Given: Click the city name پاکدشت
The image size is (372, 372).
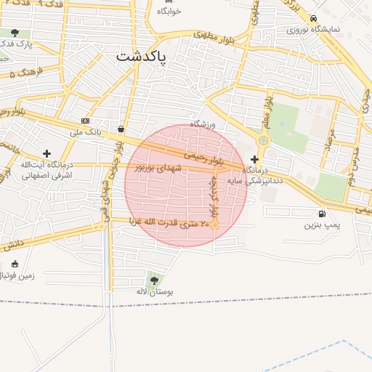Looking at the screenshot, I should (x=141, y=56).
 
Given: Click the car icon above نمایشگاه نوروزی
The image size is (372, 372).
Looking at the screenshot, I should (x=312, y=19).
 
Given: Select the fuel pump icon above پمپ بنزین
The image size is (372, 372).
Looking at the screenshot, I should (x=321, y=214).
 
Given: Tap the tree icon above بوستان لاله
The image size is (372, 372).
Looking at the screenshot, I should (x=153, y=279).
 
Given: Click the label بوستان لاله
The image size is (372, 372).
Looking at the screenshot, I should (x=153, y=291).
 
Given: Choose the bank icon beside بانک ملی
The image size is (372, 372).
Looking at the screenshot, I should (x=86, y=121).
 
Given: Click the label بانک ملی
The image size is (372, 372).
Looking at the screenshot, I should (x=86, y=132).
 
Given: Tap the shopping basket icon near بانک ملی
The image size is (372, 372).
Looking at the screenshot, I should (x=120, y=129).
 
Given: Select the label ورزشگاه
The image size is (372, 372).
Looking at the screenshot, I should (x=204, y=124).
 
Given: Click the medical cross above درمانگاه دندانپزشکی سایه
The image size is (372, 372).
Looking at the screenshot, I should (x=254, y=158).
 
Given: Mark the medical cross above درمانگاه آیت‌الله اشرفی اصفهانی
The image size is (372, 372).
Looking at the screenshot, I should (x=47, y=153).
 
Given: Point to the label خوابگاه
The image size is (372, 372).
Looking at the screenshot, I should (x=168, y=11).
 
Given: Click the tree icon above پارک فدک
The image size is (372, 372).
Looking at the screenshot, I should (x=15, y=33).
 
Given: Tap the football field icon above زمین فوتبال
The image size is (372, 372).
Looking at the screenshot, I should (x=15, y=264).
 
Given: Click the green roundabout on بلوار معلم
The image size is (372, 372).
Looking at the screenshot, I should (x=263, y=140).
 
